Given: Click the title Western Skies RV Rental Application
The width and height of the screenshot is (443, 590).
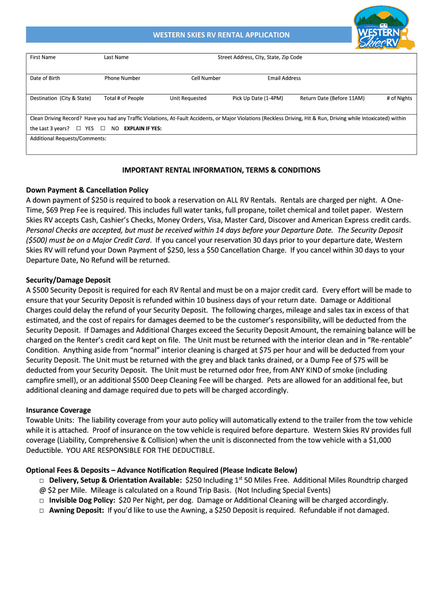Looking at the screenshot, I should click(221, 35).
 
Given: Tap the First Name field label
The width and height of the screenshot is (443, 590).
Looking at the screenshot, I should click(43, 57).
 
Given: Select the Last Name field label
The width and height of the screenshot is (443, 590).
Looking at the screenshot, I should click(116, 57).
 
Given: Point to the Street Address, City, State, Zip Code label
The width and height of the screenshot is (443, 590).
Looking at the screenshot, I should click(259, 57).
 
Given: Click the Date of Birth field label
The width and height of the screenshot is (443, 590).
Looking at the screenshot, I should click(45, 78).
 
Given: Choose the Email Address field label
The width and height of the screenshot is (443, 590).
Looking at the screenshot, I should click(284, 78).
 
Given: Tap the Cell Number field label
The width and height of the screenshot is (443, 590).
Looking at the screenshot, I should click(206, 78).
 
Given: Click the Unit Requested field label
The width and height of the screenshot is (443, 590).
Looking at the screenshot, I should click(188, 98).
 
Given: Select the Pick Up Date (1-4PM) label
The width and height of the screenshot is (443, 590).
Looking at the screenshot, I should click(258, 98).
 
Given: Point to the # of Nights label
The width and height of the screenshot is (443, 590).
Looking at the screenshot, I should click(399, 98).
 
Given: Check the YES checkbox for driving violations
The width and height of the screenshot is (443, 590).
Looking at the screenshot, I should click(79, 128).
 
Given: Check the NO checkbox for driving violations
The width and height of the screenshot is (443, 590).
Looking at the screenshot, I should click(103, 128).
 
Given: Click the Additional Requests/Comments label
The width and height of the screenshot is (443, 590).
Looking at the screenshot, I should click(68, 138).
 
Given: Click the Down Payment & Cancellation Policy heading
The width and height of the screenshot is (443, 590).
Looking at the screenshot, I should click(87, 190).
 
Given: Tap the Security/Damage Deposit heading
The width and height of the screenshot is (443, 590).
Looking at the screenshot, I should click(68, 280).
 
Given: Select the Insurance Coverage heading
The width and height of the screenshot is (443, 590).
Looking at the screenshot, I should click(58, 410).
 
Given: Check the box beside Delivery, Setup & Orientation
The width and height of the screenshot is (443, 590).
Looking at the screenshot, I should click(42, 481).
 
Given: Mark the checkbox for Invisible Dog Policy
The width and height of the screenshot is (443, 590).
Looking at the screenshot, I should click(42, 501).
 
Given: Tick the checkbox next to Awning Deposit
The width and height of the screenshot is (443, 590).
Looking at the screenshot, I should click(42, 510).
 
